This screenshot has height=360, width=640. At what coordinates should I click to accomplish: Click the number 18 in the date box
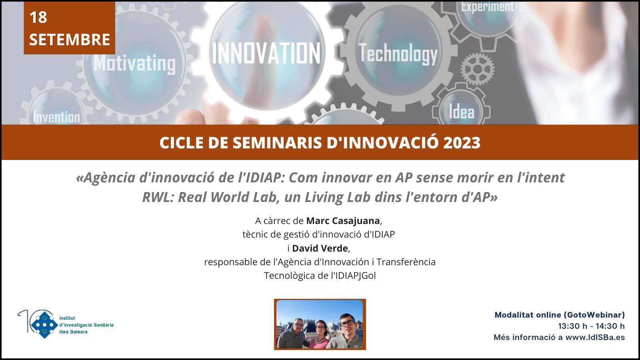(38, 17)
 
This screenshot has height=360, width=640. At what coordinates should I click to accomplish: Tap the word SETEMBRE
(70, 40)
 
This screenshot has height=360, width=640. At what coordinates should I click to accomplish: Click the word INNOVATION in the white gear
(266, 54)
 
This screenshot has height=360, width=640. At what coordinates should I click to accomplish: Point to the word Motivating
(134, 64)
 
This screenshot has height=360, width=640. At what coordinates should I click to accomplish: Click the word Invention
(56, 117)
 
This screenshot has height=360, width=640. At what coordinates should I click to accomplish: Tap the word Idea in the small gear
(462, 112)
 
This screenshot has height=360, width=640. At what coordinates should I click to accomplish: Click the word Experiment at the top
(488, 7)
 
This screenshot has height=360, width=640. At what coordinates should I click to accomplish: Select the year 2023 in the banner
(462, 142)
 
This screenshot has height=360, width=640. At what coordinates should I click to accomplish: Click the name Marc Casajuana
(343, 221)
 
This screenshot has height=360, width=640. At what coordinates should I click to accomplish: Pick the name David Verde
(320, 248)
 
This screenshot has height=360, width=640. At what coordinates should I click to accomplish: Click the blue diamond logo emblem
(44, 325)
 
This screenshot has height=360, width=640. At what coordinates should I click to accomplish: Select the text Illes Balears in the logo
(74, 332)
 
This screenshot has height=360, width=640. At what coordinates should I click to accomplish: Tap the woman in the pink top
(321, 335)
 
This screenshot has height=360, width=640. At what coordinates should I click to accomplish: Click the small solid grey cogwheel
(478, 69)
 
